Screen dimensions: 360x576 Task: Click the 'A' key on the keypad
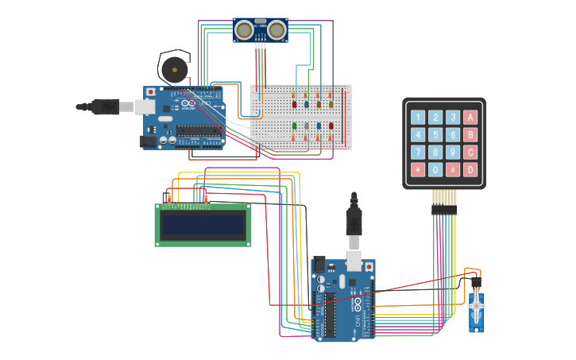click(470, 117)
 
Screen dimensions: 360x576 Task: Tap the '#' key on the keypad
click(453, 169)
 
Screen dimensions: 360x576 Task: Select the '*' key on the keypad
click(418, 169)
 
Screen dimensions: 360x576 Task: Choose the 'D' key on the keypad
click(470, 169)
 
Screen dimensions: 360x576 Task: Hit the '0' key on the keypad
click(435, 169)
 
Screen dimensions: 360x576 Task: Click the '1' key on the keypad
click(418, 117)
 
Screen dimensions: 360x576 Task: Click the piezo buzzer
click(173, 69)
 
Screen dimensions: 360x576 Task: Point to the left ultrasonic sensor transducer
click(245, 30)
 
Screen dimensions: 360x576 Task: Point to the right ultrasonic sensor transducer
click(276, 30)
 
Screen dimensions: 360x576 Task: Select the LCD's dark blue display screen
click(203, 225)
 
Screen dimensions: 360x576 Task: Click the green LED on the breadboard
click(295, 126)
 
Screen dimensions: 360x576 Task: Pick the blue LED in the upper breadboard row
click(307, 104)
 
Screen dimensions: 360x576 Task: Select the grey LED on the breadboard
click(307, 126)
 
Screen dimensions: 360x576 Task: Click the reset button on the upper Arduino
click(150, 93)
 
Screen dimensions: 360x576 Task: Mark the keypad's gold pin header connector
click(444, 209)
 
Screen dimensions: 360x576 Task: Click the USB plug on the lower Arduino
click(354, 238)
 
